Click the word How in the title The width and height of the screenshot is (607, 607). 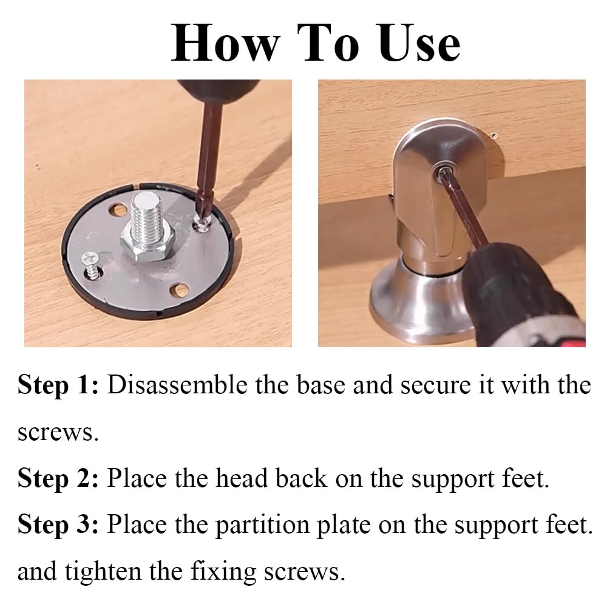point(225,42)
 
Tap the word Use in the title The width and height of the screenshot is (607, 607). point(419,42)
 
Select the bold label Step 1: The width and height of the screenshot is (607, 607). point(58,385)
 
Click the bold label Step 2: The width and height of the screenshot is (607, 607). point(58,478)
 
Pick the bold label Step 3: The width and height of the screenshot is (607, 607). point(58,525)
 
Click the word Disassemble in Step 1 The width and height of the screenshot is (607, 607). point(177,385)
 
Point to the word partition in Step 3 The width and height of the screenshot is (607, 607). point(262,526)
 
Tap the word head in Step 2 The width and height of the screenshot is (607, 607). point(242,478)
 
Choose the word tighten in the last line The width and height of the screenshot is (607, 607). point(103,572)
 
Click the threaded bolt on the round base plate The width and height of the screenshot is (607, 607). point(146,217)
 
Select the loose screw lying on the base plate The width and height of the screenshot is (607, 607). point(92,265)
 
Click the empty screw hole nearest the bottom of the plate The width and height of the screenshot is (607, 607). point(180,290)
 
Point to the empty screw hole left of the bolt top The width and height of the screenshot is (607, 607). point(118,210)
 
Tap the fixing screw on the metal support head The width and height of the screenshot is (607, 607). point(443,172)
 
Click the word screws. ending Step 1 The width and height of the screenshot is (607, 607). point(58,433)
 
